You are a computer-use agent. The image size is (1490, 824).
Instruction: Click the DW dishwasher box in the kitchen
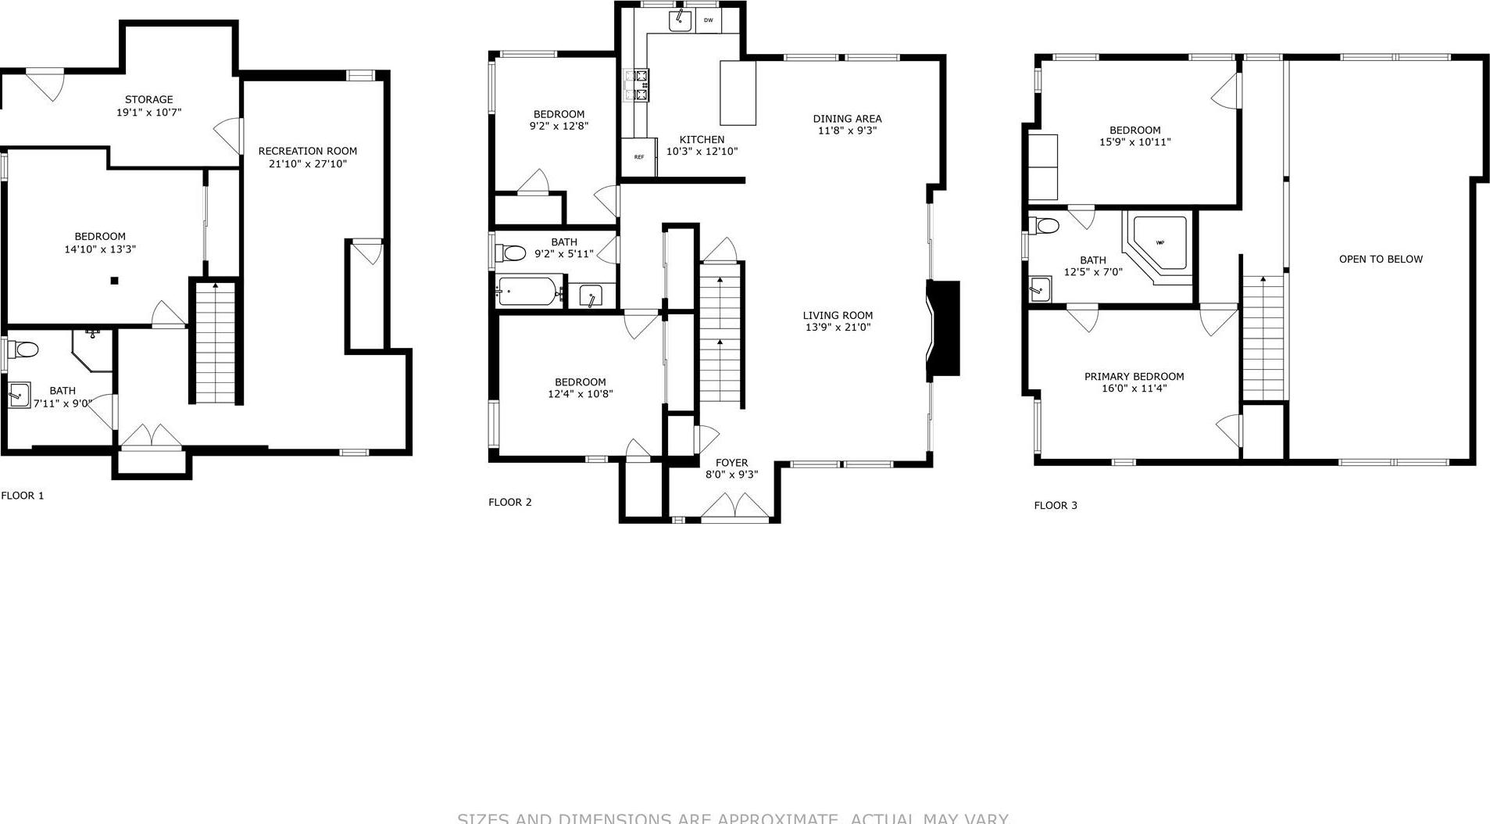(708, 21)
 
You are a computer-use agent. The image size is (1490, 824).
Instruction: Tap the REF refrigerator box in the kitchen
(638, 157)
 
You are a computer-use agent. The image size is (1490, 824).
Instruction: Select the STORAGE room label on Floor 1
(148, 99)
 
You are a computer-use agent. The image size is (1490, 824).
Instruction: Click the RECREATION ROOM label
(307, 151)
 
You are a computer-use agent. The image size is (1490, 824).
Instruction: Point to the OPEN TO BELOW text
(1380, 259)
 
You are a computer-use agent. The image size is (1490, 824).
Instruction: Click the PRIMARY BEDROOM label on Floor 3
(1134, 376)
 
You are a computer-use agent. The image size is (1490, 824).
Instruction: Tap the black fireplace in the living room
(944, 329)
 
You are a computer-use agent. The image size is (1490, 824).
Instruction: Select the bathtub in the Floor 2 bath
(529, 292)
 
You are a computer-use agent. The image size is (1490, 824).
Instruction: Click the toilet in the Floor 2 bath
(512, 253)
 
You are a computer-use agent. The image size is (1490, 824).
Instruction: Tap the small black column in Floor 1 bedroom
(114, 281)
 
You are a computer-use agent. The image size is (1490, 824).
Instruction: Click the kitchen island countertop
(738, 93)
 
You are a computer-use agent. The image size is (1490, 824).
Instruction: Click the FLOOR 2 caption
(509, 502)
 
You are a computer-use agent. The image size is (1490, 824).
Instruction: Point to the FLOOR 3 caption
(1055, 505)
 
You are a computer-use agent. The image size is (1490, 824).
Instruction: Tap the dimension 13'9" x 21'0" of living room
(838, 328)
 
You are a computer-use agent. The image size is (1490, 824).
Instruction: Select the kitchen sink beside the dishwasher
(680, 21)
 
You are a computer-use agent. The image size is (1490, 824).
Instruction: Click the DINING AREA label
(847, 119)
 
